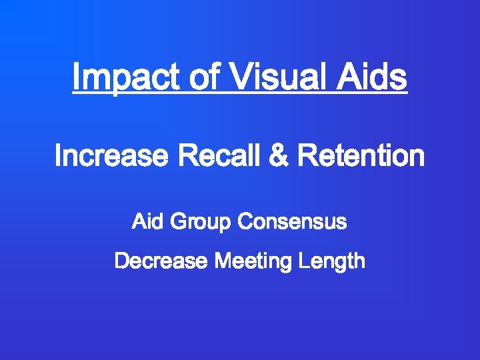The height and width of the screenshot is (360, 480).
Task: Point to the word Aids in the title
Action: click(371, 77)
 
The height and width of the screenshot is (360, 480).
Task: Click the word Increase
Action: click(111, 157)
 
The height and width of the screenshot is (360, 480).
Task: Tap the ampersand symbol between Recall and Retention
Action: click(278, 157)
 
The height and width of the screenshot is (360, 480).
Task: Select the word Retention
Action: click(361, 157)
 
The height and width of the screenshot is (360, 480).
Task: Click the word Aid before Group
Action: click(148, 221)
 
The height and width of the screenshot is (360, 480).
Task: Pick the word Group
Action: click(201, 223)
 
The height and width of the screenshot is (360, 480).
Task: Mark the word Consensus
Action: click(292, 221)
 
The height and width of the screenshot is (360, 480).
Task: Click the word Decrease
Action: click(160, 261)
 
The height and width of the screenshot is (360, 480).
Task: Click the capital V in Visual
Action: click(239, 77)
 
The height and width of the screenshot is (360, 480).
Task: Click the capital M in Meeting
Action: click(222, 261)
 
